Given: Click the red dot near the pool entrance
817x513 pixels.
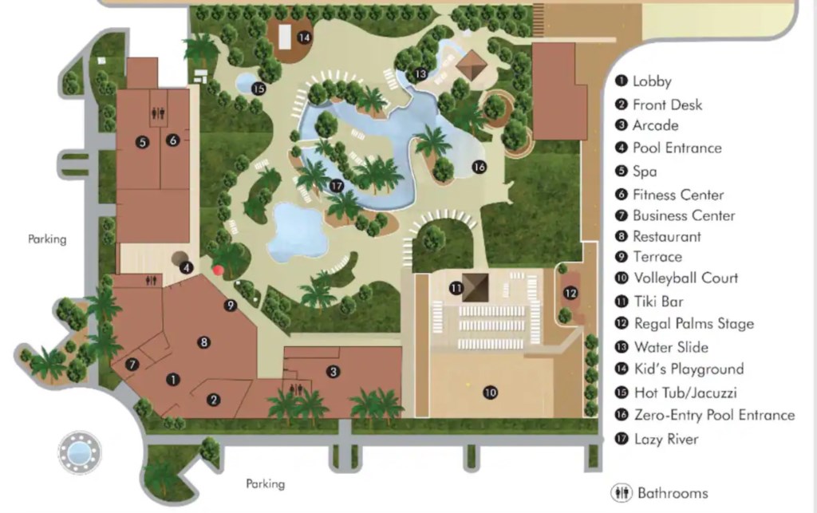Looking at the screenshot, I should coord(218,270).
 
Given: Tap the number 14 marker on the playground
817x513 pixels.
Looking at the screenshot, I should coord(304,37).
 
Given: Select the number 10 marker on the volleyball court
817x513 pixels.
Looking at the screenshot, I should coord(490,392).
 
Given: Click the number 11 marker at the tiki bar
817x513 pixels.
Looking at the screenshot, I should coord(456,288).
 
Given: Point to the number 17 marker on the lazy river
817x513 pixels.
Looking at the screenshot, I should coord(336,186).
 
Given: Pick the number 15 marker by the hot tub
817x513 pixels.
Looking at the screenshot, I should coord(258,89).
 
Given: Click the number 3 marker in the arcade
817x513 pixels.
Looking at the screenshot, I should coord(334,371).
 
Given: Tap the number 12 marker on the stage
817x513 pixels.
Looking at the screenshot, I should coord(570,293).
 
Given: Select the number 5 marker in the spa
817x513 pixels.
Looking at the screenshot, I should coord(142,143).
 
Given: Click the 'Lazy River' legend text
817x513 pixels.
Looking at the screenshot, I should coord(665,439).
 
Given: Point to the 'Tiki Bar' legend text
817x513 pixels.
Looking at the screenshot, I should coord(658,302).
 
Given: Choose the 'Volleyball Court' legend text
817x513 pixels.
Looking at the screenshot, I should coord(685,278).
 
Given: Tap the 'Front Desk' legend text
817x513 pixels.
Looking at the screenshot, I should coord(667,105).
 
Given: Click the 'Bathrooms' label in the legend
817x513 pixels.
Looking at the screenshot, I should coord(672,492).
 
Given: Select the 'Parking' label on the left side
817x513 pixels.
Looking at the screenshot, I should coord(47,239).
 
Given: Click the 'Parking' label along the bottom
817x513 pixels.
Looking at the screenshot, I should coord(265,483).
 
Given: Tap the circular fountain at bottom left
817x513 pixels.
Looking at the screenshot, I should coord(79,452).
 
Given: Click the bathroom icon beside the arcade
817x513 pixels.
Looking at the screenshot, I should coord(298,389).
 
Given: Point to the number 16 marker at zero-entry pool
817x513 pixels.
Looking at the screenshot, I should coord(479,167).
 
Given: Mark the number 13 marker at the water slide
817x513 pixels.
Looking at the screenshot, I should coord(420,74).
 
